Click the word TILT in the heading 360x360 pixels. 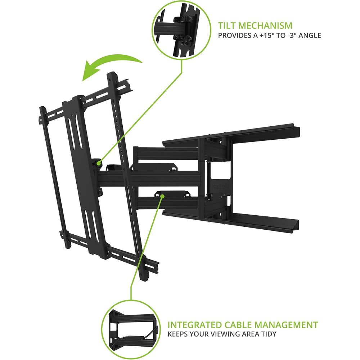tap(226, 26)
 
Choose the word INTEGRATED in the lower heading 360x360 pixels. tap(195, 325)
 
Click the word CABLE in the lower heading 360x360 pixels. tap(238, 325)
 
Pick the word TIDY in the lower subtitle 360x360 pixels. tap(269, 334)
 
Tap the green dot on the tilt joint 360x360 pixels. tap(99, 163)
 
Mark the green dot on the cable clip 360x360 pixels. tap(162, 196)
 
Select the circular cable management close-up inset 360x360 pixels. tap(131, 330)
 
